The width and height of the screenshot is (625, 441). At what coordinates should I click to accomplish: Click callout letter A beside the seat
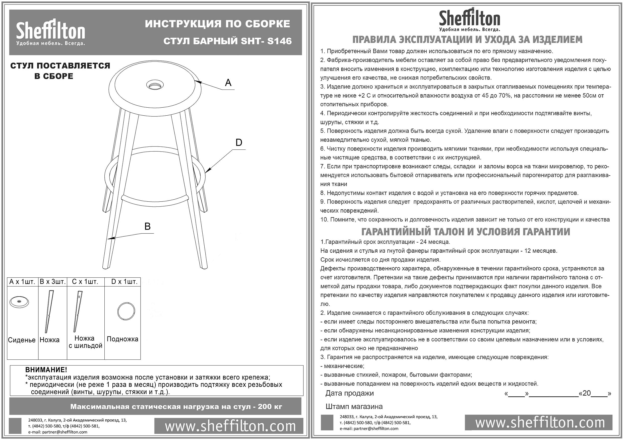(x=228, y=83)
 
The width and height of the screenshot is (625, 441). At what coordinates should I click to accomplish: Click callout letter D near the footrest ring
(x=238, y=142)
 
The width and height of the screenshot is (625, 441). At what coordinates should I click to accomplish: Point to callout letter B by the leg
(x=147, y=226)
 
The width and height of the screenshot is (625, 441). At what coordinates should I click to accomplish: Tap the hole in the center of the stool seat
(x=155, y=85)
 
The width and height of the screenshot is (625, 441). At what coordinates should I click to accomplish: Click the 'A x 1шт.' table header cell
(x=22, y=281)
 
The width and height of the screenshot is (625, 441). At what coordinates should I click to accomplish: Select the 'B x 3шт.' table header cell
(x=52, y=281)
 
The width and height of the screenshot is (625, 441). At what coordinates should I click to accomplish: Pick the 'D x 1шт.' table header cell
(x=124, y=281)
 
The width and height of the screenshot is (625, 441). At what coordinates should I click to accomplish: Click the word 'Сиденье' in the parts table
(x=22, y=340)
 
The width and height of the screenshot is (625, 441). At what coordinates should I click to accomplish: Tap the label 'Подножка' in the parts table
(x=122, y=339)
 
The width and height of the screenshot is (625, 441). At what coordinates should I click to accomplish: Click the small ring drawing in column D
(x=126, y=311)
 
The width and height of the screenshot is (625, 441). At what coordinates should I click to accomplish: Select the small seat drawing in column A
(x=19, y=302)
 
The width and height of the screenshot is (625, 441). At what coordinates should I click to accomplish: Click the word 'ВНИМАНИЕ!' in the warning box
(x=46, y=370)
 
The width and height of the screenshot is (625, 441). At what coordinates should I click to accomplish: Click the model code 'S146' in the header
(x=279, y=41)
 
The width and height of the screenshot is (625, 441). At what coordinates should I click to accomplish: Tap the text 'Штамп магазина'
(x=354, y=406)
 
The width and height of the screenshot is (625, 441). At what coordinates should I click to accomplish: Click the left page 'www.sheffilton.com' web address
(x=230, y=426)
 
